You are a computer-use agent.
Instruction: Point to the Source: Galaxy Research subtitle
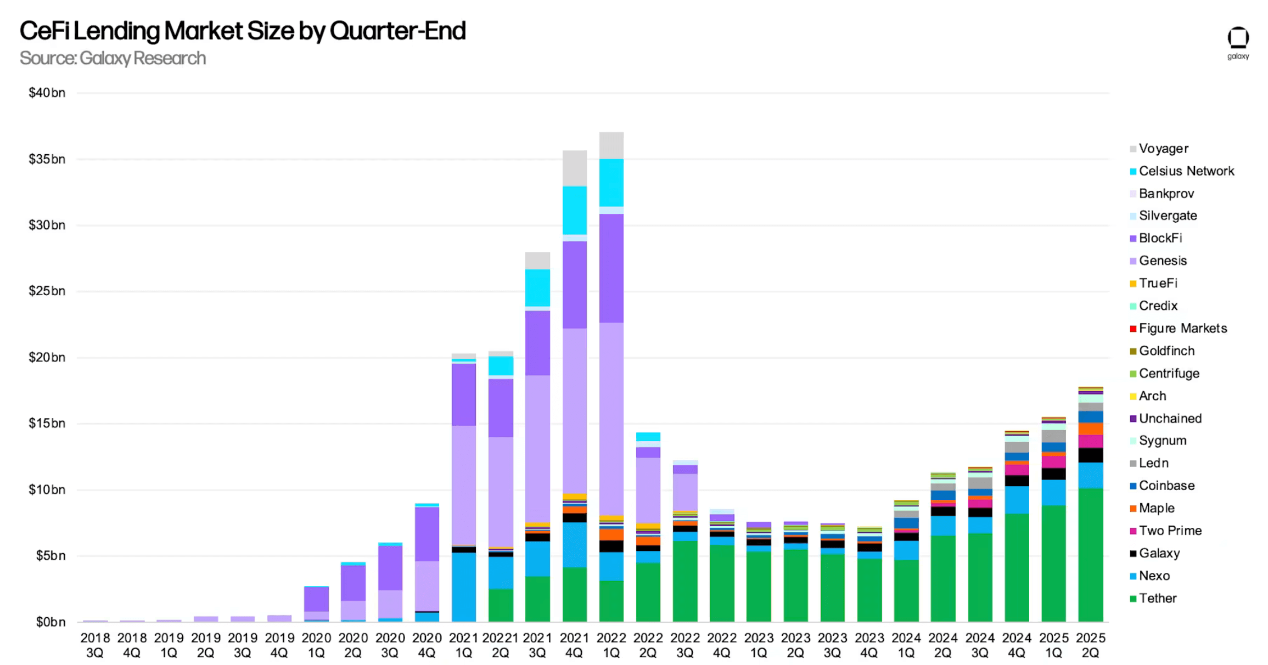point(113,58)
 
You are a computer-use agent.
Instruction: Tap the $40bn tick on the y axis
point(47,93)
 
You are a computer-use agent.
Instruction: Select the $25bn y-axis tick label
point(47,291)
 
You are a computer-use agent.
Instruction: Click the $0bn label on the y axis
point(51,622)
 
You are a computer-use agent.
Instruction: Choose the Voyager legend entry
point(1163,149)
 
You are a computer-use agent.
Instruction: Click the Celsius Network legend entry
point(1186,171)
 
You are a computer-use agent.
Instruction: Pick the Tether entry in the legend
point(1157,598)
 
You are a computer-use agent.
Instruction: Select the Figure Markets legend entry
point(1182,328)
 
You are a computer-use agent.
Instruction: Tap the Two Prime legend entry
point(1170,531)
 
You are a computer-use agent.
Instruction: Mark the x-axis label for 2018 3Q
point(95,645)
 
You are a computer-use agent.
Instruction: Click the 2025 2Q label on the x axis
point(1090,645)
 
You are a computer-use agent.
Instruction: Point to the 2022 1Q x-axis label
point(611,645)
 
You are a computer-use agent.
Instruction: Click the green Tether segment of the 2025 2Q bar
point(1090,554)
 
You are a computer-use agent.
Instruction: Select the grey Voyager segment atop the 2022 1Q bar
point(611,145)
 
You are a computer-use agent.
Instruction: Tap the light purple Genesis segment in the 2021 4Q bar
point(575,412)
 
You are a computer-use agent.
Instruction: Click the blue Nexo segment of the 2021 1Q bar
point(464,587)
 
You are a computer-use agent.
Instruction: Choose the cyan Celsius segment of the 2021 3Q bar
point(537,288)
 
